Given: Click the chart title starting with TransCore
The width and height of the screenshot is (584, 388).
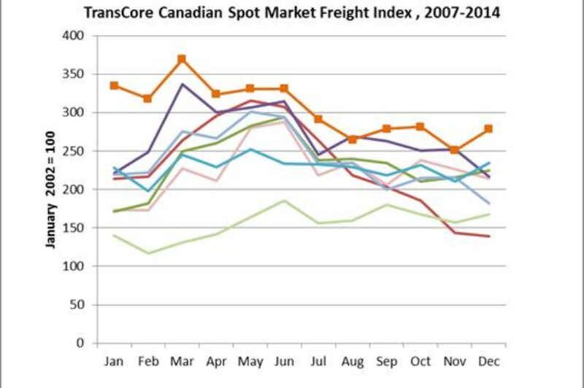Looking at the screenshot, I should (x=292, y=13).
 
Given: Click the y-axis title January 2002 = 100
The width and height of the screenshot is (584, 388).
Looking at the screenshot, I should (x=51, y=189).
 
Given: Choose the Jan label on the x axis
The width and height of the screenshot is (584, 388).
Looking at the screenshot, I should (x=115, y=361).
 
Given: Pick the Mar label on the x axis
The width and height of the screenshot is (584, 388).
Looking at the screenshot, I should (x=181, y=361).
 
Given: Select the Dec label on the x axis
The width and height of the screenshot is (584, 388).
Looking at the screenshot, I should (x=488, y=361).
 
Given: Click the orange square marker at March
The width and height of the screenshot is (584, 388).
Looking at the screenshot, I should (x=182, y=59).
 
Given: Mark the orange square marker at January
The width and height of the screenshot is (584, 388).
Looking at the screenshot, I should (x=115, y=85).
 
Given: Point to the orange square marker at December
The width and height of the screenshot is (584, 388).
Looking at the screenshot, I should (x=488, y=128).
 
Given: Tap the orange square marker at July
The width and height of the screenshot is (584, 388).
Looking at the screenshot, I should (x=318, y=119).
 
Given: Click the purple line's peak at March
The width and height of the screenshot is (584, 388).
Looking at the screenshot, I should (x=182, y=84).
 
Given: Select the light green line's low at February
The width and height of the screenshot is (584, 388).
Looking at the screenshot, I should (x=148, y=253).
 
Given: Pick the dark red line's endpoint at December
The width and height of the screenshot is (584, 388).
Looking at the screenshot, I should (x=488, y=236).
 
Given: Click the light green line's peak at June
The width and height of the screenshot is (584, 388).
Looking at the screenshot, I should (x=284, y=201).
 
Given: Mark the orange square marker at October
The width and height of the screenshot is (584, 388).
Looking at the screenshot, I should (x=420, y=126).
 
